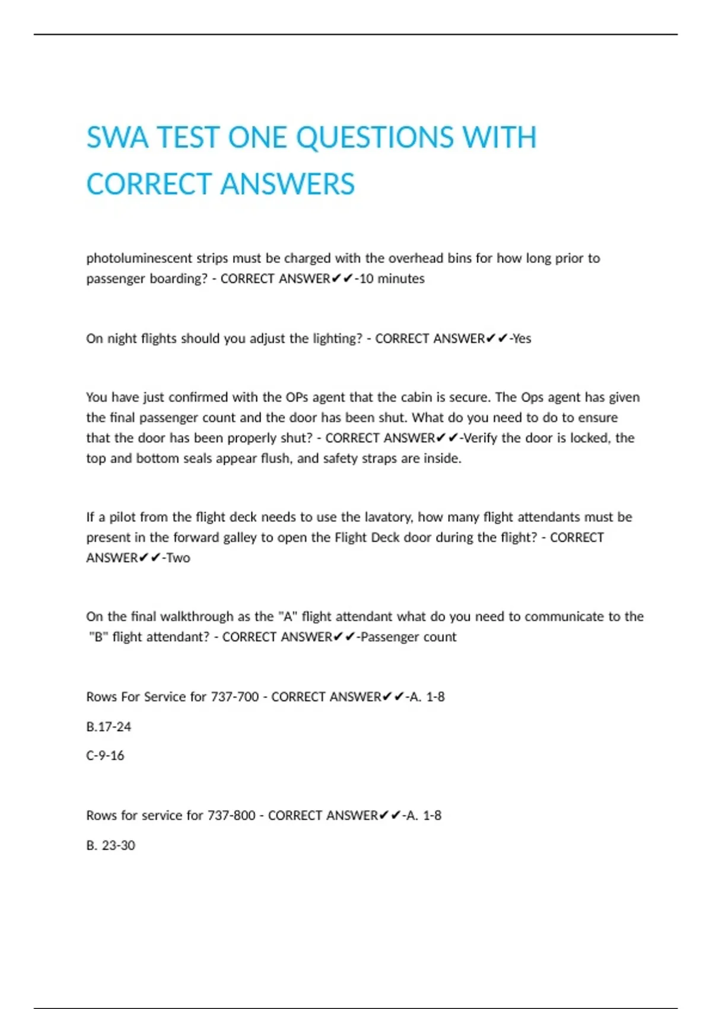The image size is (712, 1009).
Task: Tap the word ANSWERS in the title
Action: [x=288, y=184]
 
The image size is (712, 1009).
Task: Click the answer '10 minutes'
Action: [x=392, y=278]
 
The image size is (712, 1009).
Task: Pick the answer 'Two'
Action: [x=178, y=558]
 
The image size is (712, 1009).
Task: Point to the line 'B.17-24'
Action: [x=109, y=726]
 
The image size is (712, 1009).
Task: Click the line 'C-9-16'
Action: [x=105, y=756]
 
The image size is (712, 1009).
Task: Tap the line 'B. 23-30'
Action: [x=110, y=845]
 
